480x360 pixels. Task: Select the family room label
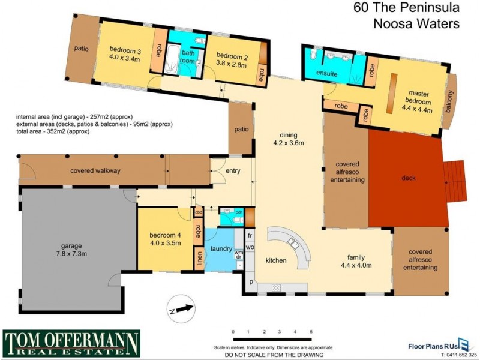tap(357, 256)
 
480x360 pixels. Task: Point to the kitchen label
tap(276, 260)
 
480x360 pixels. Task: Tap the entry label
tap(233, 171)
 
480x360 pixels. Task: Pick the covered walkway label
tap(95, 171)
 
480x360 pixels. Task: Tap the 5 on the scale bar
tap(311, 331)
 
